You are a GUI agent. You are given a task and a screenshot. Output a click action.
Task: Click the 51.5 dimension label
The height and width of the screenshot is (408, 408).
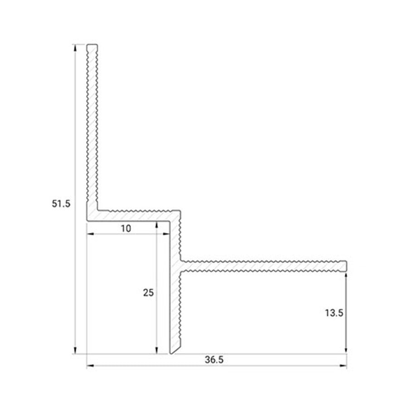[x=61, y=204]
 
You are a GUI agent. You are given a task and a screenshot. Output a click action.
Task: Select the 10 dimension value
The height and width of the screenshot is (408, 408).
[x=126, y=228]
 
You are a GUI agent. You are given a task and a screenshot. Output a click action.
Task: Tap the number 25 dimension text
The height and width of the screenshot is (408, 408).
[x=148, y=293]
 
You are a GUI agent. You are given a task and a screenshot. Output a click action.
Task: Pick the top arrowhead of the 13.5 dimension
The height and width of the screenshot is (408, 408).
[x=346, y=275]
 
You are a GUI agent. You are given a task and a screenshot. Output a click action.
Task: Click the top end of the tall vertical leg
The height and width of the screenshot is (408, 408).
[x=92, y=45]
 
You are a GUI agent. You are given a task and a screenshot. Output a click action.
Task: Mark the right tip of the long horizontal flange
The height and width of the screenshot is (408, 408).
[x=346, y=266]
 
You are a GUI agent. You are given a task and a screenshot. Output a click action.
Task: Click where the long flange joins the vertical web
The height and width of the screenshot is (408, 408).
[x=181, y=266]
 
